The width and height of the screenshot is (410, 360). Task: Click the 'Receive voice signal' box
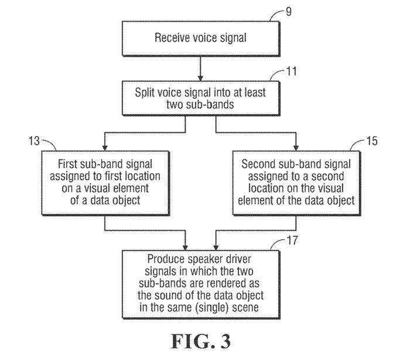tap(201, 39)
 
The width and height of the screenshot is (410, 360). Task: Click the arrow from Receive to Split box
tap(201, 68)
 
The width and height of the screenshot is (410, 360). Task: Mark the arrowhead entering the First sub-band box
tap(104, 147)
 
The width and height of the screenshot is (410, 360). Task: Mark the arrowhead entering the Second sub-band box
tap(298, 147)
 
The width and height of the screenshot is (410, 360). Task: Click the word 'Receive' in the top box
tap(172, 39)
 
